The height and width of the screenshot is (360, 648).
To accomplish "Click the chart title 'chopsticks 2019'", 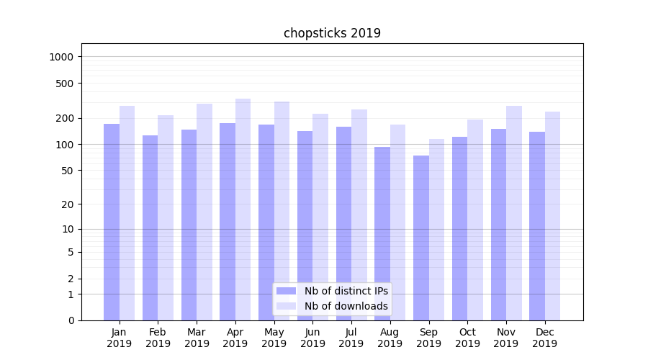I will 332,33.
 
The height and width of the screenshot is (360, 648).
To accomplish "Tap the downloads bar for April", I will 243,209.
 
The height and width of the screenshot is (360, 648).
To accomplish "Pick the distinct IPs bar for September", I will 421,238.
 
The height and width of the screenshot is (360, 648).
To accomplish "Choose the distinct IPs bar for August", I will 382,233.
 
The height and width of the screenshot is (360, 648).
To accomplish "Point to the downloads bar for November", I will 514,212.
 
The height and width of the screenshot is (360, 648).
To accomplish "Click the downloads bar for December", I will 552,215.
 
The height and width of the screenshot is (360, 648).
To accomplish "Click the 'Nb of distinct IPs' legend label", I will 346,291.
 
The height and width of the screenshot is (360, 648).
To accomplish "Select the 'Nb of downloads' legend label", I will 346,306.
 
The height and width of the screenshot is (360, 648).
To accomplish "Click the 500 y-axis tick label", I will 66,84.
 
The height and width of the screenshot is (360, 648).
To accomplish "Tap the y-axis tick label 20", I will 68,204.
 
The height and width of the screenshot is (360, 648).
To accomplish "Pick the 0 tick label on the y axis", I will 71,320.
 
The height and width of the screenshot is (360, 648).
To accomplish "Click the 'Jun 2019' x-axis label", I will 312,338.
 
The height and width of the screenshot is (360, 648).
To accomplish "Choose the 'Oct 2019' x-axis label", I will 467,338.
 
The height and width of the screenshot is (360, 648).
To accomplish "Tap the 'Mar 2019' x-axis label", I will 197,338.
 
